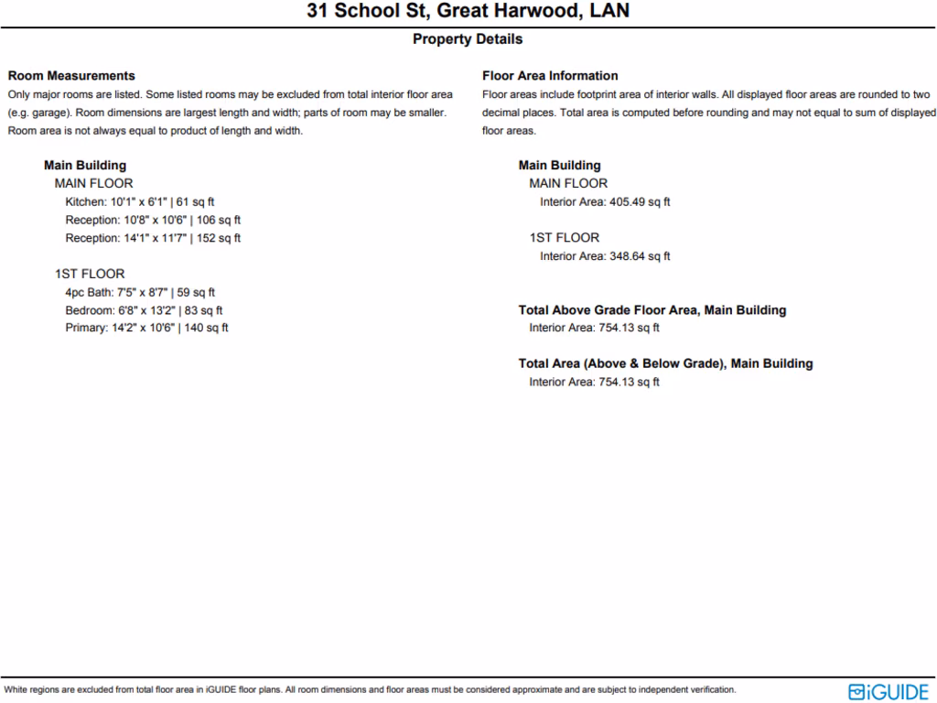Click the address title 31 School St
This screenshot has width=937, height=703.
468,12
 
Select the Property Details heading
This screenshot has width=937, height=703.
468,39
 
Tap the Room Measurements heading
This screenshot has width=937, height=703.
71,76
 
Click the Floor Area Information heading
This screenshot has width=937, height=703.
550,76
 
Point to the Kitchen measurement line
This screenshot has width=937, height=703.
139,201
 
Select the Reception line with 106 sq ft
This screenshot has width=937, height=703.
153,220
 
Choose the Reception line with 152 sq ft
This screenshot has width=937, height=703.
153,238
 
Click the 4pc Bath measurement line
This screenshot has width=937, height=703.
140,293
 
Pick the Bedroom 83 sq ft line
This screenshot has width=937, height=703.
144,310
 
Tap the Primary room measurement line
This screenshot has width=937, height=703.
146,328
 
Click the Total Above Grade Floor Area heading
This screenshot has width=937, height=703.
652,310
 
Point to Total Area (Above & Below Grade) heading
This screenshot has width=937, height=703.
665,363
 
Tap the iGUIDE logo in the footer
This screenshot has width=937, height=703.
889,691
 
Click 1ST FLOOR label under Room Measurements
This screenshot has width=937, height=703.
90,274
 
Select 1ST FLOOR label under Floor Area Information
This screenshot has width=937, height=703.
564,238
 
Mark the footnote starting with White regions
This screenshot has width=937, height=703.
370,690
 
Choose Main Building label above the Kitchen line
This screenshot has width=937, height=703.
85,166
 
